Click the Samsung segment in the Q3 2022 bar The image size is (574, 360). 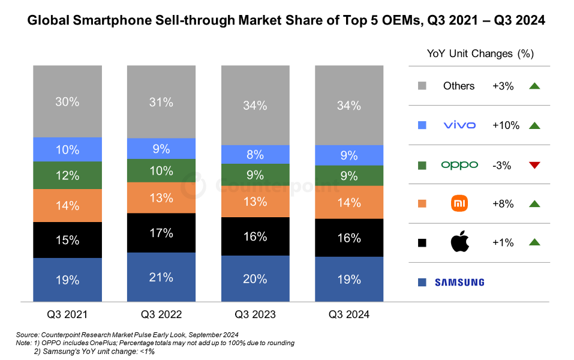pyautogui.click(x=161, y=277)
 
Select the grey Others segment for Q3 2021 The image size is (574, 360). pyautogui.click(x=67, y=101)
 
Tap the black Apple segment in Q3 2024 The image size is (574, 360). pyautogui.click(x=349, y=238)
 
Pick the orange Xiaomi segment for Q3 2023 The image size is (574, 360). pyautogui.click(x=255, y=202)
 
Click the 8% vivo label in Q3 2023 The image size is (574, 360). pyautogui.click(x=255, y=155)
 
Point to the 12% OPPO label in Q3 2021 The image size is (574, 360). pyautogui.click(x=67, y=176)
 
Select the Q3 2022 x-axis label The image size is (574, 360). pyautogui.click(x=161, y=314)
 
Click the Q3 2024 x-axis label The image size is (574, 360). pyautogui.click(x=349, y=314)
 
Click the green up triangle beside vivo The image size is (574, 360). pyautogui.click(x=535, y=125)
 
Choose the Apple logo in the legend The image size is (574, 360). pyautogui.click(x=459, y=242)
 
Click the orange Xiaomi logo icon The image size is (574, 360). pyautogui.click(x=459, y=204)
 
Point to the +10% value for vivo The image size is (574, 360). pyautogui.click(x=506, y=125)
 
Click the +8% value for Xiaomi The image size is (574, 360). pyautogui.click(x=503, y=204)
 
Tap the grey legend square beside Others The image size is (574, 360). pyautogui.click(x=422, y=86)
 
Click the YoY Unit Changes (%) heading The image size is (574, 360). pyautogui.click(x=480, y=53)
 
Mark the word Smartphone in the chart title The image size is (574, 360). pyautogui.click(x=111, y=21)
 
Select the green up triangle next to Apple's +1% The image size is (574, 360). pyautogui.click(x=535, y=242)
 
